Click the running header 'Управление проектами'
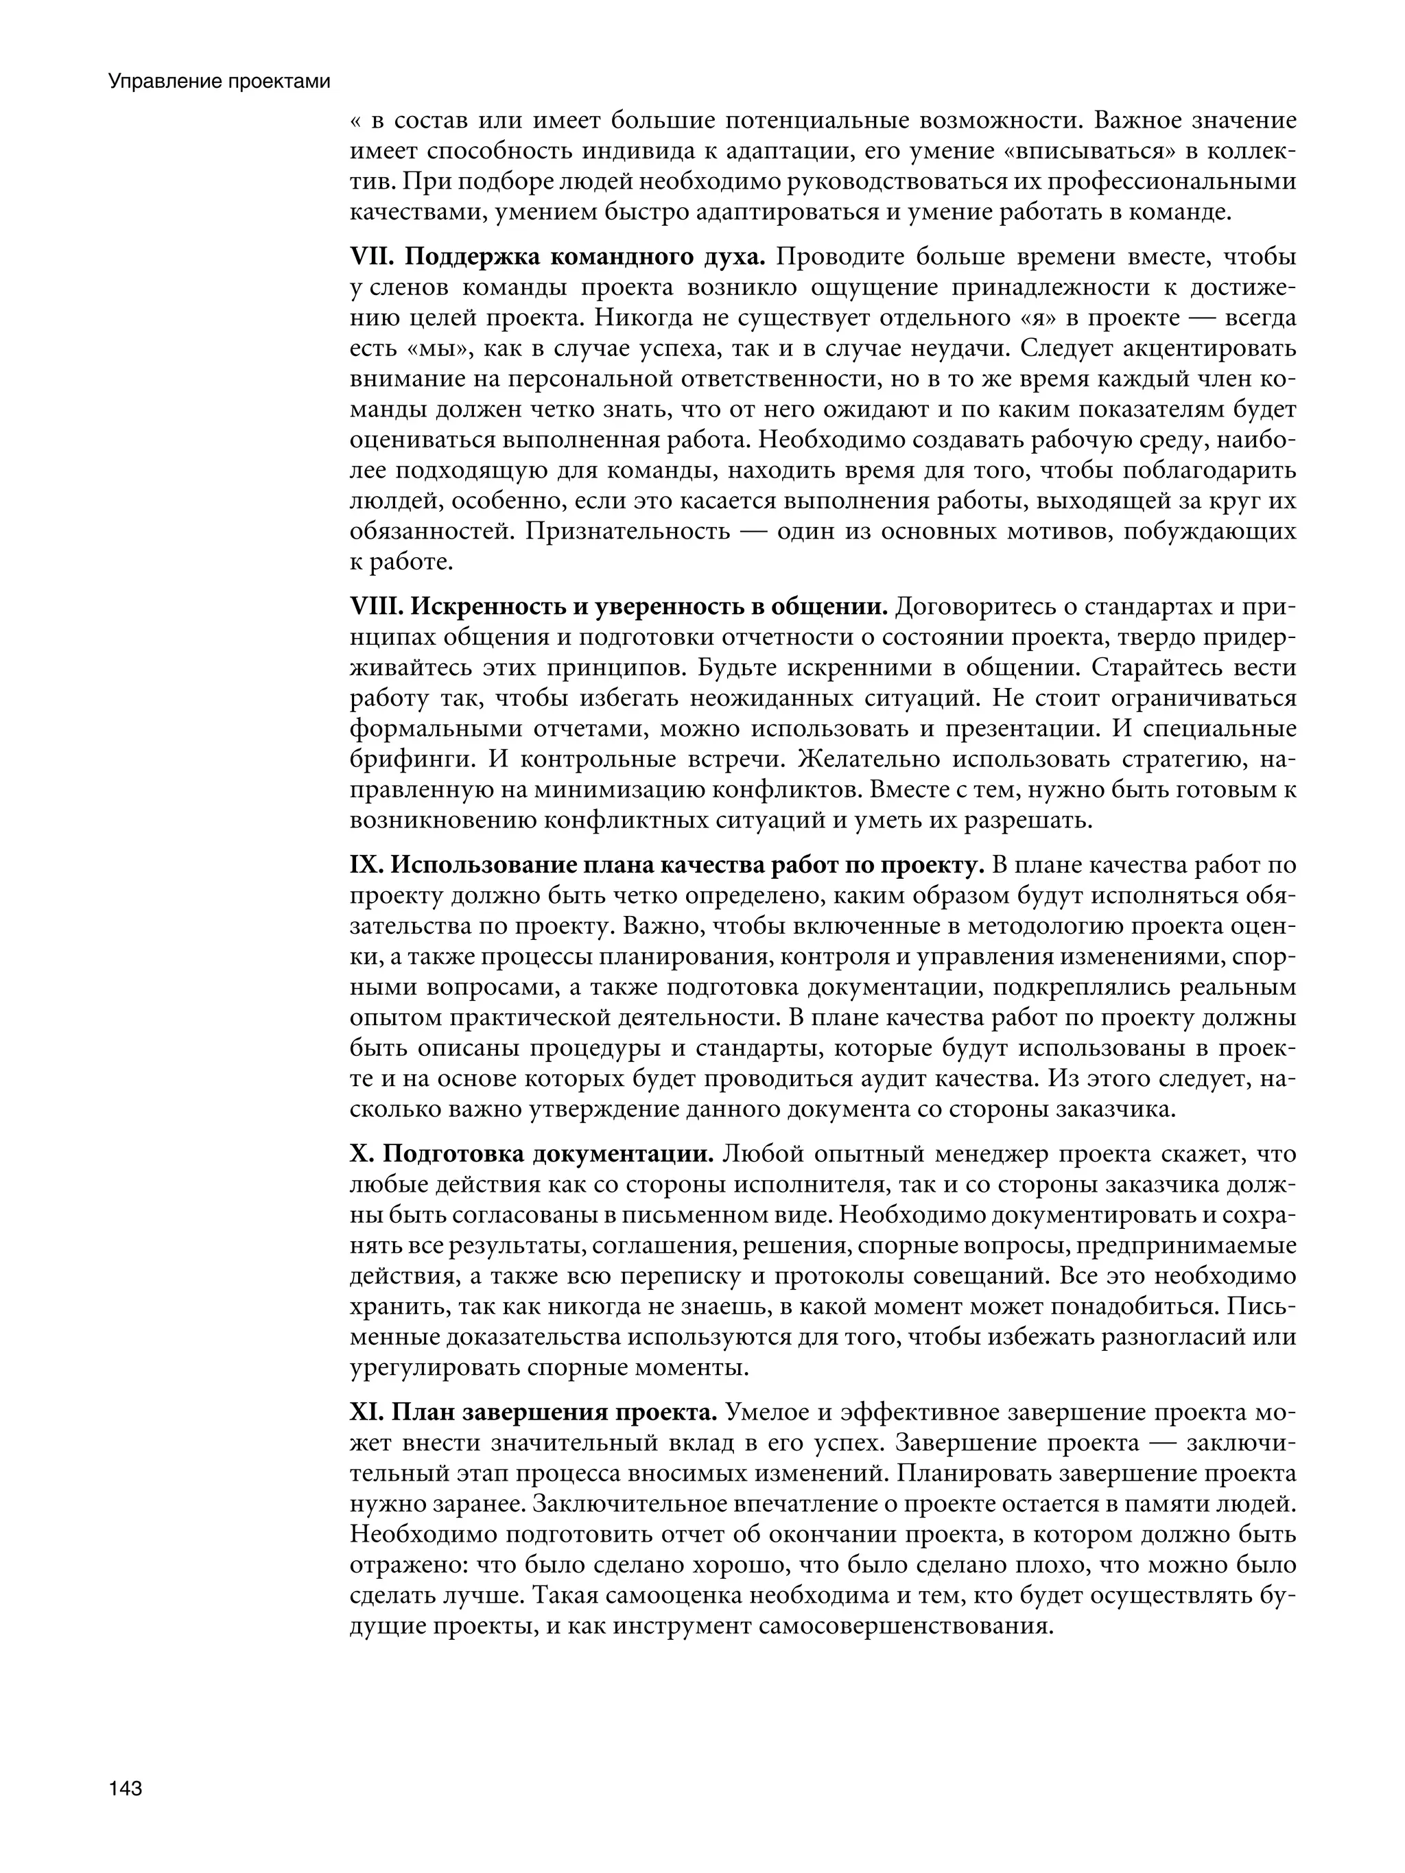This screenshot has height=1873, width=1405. click(x=218, y=82)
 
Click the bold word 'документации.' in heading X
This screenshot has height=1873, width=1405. click(x=624, y=1154)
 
